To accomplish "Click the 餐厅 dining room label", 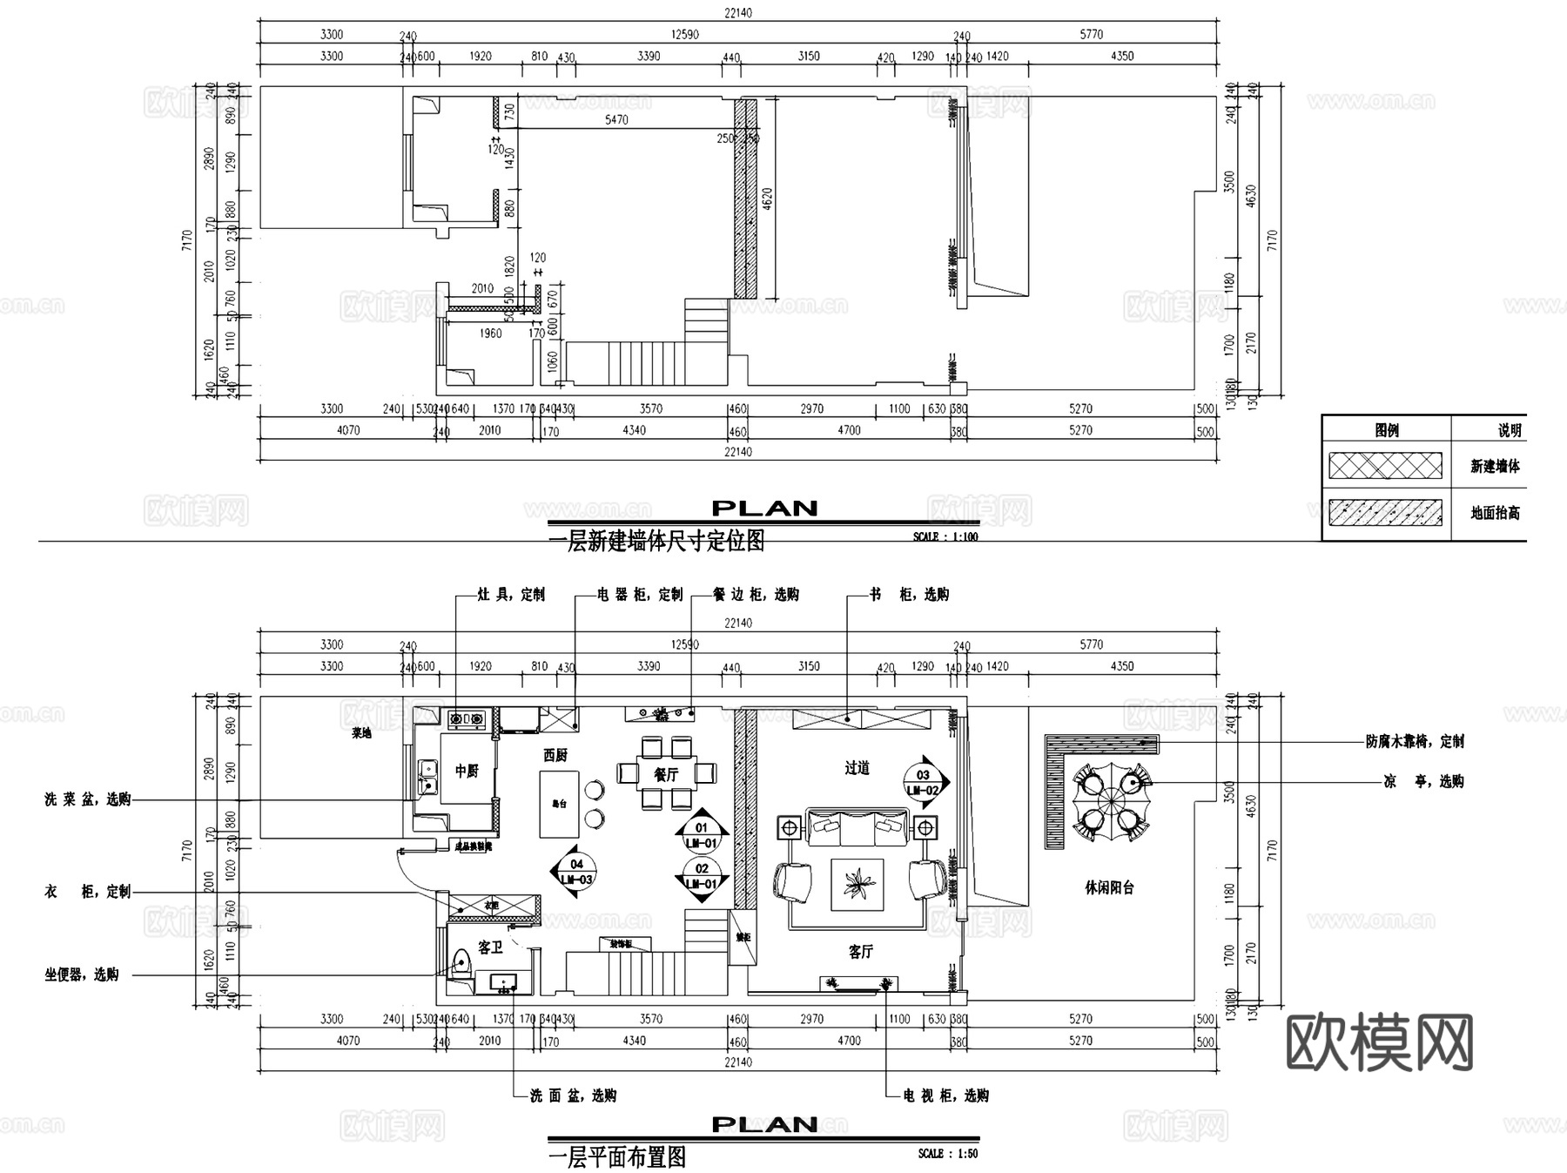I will click(x=666, y=774).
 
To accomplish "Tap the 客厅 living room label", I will click(x=860, y=952).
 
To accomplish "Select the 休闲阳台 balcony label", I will click(x=1109, y=887).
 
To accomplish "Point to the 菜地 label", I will click(x=361, y=733).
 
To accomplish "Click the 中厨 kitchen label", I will click(x=467, y=771).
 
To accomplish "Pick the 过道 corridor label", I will click(x=857, y=767).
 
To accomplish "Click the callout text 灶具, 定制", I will click(x=511, y=595).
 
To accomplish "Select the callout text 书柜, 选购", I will click(x=909, y=595).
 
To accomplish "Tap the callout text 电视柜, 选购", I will click(x=945, y=1095).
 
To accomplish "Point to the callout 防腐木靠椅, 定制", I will click(x=1415, y=742).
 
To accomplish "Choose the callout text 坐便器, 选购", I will click(x=82, y=975).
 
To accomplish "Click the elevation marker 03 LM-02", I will click(x=924, y=781).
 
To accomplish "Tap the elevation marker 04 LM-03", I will click(x=576, y=871).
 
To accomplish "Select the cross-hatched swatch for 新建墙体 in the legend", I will click(x=1385, y=466).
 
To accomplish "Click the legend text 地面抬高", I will click(x=1495, y=513).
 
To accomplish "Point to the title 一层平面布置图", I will click(x=617, y=1157).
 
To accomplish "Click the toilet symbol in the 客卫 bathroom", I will click(x=461, y=961).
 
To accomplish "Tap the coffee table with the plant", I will click(x=857, y=884).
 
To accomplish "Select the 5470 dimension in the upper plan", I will click(x=616, y=120).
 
